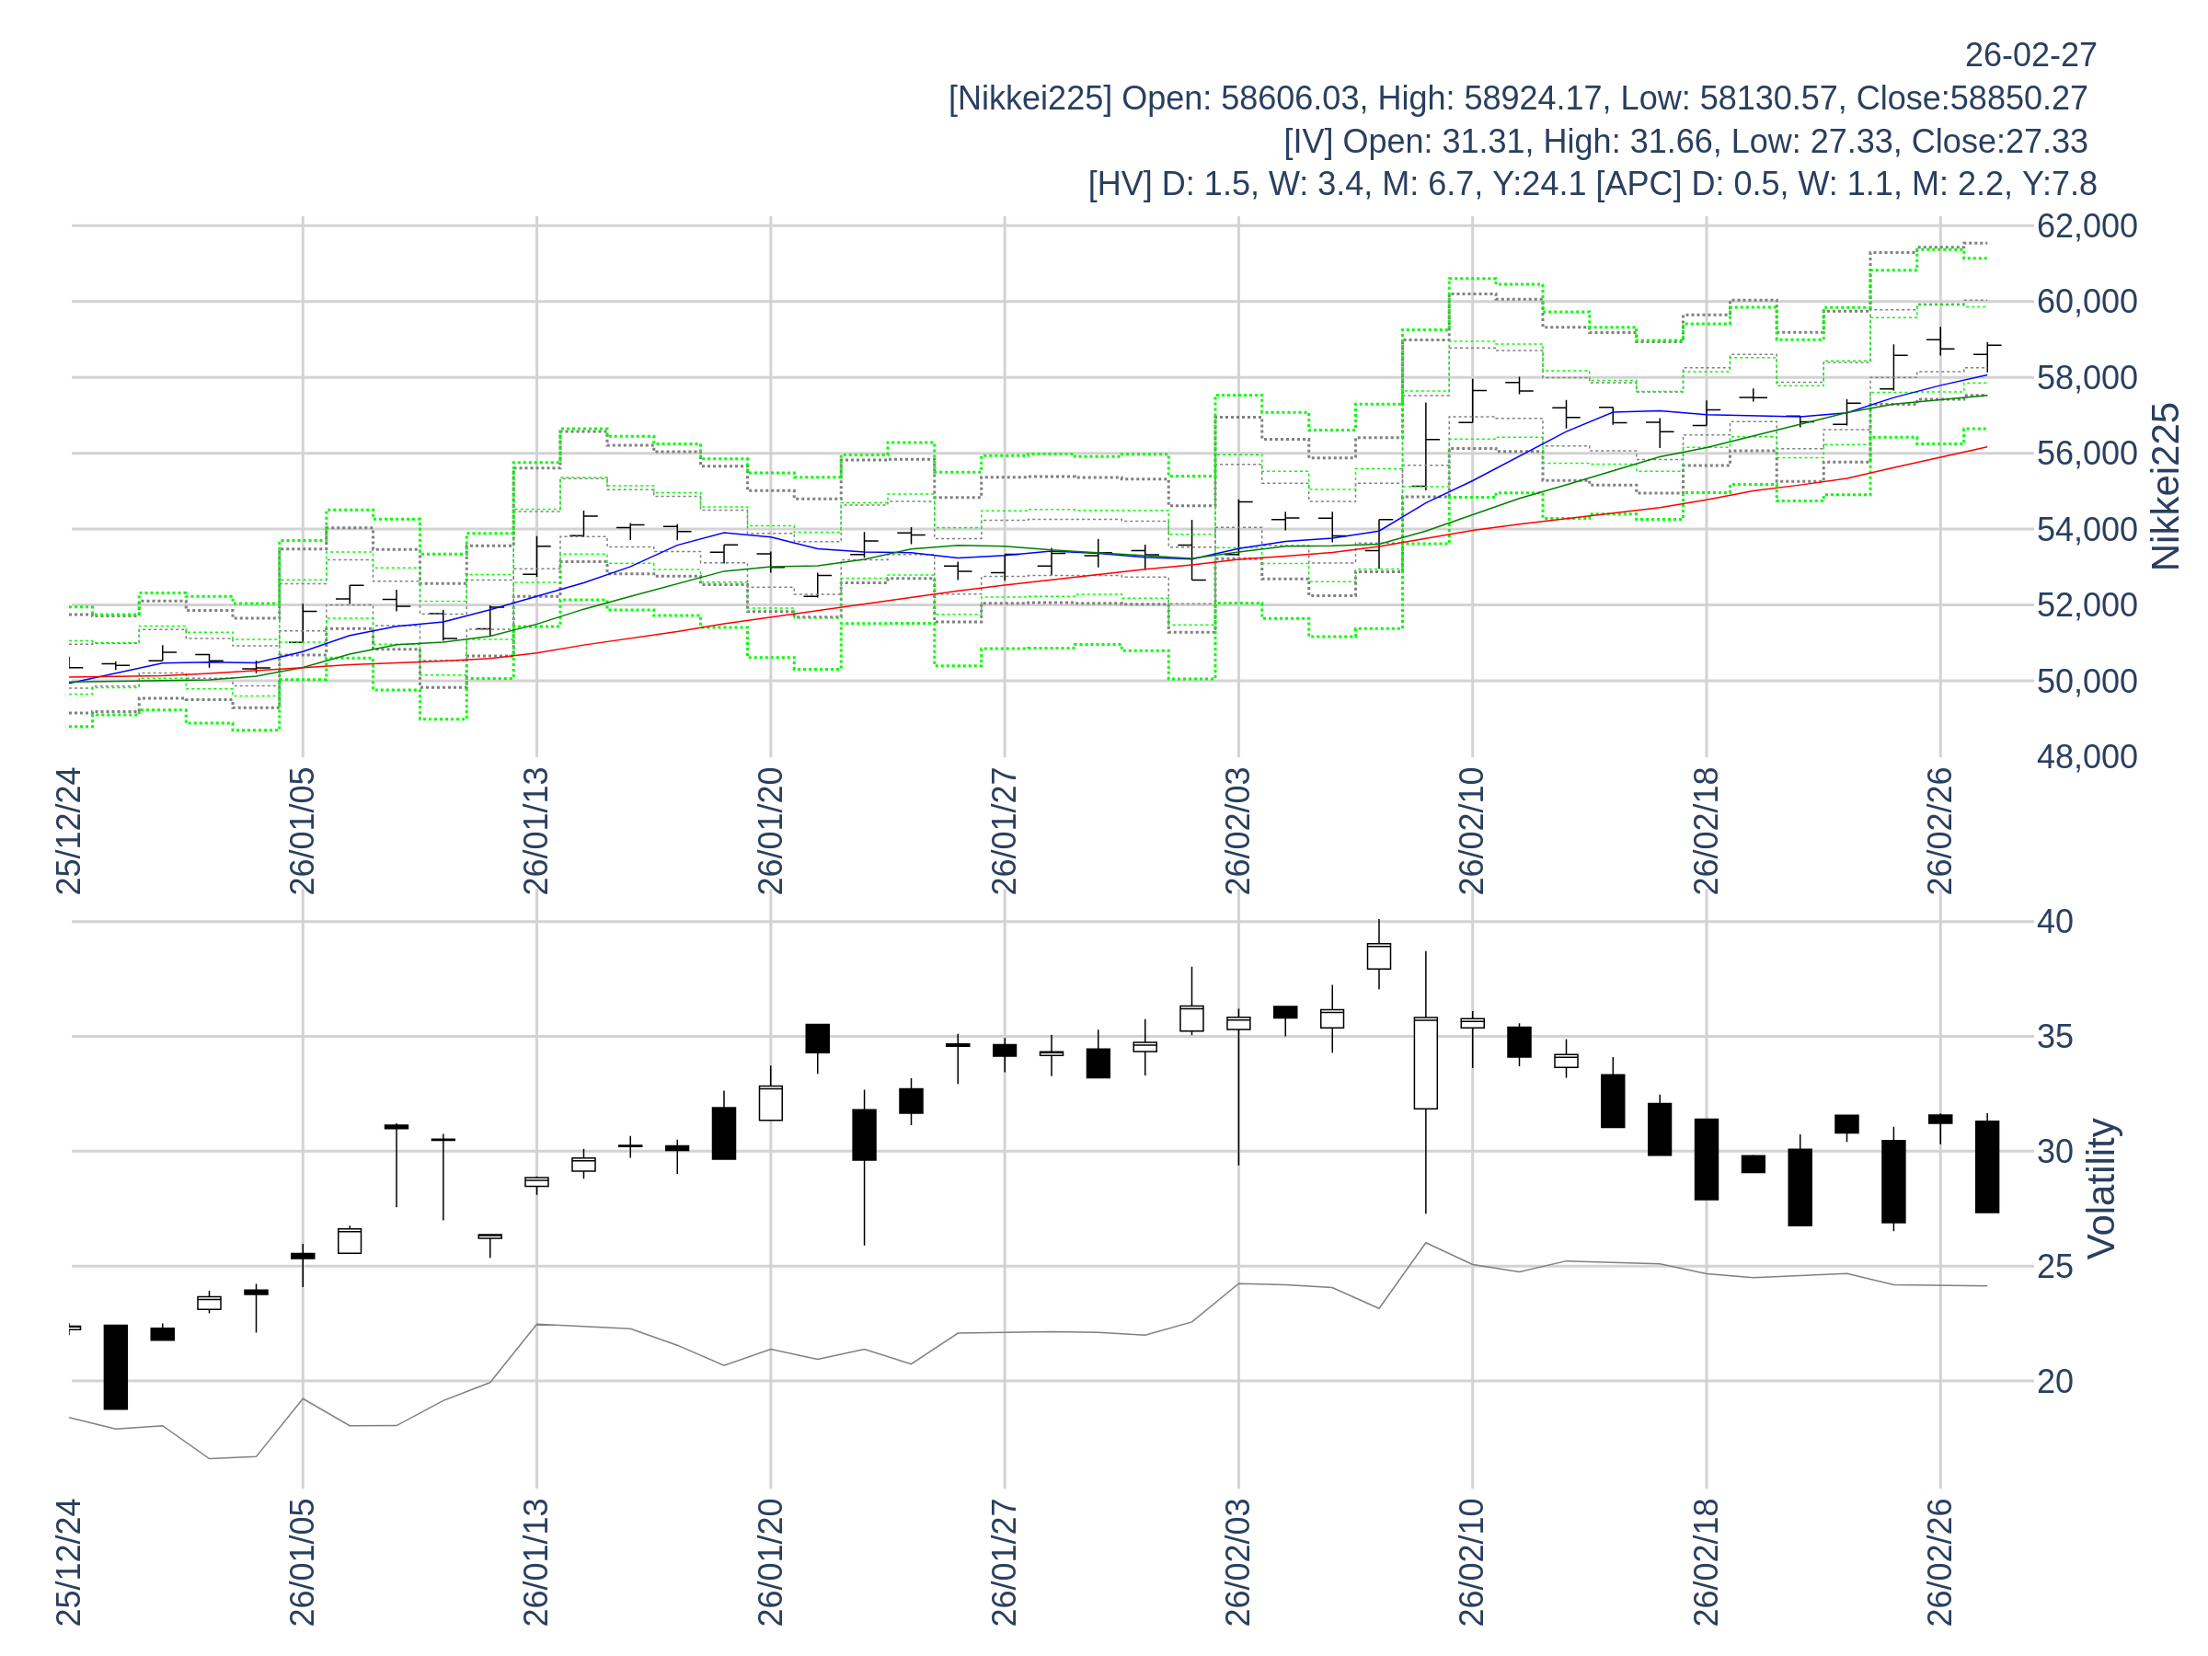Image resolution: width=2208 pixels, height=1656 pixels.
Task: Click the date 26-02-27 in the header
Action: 2030,56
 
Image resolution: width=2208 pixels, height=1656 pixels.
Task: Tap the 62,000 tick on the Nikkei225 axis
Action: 2087,226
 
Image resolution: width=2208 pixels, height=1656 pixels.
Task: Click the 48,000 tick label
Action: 2087,756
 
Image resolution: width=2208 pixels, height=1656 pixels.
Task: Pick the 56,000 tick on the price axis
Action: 2087,454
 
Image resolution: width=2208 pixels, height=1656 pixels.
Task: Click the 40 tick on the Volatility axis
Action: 2055,921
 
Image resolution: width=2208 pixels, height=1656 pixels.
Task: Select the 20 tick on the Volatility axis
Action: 2055,1382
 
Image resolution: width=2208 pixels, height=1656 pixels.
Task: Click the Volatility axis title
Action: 2101,1188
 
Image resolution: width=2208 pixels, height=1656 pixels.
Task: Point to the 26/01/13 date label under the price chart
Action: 536,832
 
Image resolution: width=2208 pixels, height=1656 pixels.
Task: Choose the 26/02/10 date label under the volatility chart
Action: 1471,1561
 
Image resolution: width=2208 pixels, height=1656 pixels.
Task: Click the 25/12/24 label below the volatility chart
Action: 68,1561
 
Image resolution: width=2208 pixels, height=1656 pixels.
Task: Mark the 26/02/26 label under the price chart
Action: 1939,832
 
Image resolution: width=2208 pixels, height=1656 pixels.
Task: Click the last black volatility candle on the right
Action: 1986,1167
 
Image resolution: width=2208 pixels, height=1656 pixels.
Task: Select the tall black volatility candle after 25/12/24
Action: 116,1366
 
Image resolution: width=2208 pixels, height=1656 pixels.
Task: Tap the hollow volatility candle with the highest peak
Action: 1378,956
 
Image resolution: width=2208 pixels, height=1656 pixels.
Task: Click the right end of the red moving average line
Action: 1986,447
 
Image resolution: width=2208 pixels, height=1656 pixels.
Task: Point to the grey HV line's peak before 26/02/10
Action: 1425,1243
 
